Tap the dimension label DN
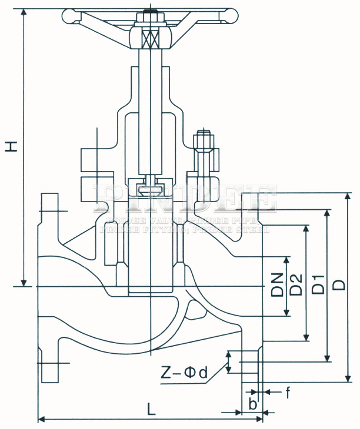coord(277,285)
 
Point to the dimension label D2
coord(297,285)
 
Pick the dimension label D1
coord(318,284)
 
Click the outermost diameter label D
coord(339,284)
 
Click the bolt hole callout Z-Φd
coord(184,373)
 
